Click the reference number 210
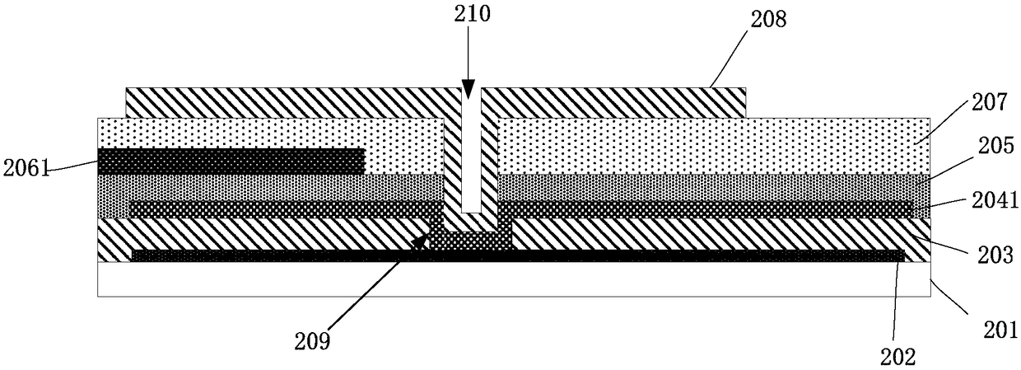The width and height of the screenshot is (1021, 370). [472, 15]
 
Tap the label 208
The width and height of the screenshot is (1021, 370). [768, 20]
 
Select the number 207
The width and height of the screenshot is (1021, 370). [988, 103]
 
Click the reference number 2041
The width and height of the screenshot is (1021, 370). [995, 201]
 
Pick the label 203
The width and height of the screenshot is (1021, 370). [994, 255]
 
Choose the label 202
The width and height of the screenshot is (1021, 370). [897, 357]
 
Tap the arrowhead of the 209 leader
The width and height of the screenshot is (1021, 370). [420, 241]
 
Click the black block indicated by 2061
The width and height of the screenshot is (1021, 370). [231, 161]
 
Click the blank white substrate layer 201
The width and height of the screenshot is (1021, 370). [514, 279]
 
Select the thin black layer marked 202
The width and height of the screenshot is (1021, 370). [518, 255]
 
